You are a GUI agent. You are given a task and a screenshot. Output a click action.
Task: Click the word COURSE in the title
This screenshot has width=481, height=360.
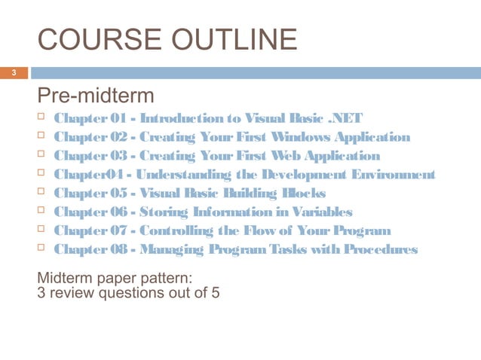click(x=84, y=40)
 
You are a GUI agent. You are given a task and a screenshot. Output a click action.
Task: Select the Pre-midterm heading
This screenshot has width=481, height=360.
click(x=96, y=96)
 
